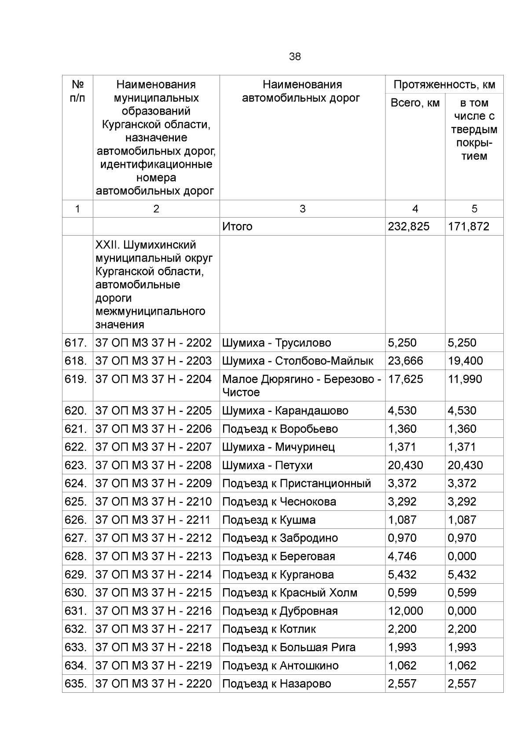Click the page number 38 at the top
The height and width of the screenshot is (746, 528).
[295, 57]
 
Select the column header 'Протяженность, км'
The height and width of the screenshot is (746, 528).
[444, 84]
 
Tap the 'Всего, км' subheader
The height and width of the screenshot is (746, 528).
[415, 103]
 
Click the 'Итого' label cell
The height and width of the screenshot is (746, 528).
[238, 226]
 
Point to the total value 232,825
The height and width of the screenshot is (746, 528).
[408, 226]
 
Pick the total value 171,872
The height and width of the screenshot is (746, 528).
[468, 226]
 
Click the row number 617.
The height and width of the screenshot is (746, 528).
[76, 342]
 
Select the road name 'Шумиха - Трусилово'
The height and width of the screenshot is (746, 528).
[276, 342]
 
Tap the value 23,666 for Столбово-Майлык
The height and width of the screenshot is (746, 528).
[405, 361]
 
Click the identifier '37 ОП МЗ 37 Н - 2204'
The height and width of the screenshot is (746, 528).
[154, 379]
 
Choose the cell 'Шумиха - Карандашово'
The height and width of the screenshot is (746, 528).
[285, 411]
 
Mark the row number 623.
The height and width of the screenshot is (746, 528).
[76, 465]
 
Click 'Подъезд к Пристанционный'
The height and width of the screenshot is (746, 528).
[297, 484]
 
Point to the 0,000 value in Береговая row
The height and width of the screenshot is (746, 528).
[462, 556]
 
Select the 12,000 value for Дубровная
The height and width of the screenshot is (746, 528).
[405, 611]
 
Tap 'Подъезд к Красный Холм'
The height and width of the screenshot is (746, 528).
[290, 593]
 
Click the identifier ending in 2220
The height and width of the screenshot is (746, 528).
[154, 684]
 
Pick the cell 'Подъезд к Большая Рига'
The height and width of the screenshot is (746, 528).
[289, 647]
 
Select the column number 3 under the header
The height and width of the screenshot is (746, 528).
[302, 209]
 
